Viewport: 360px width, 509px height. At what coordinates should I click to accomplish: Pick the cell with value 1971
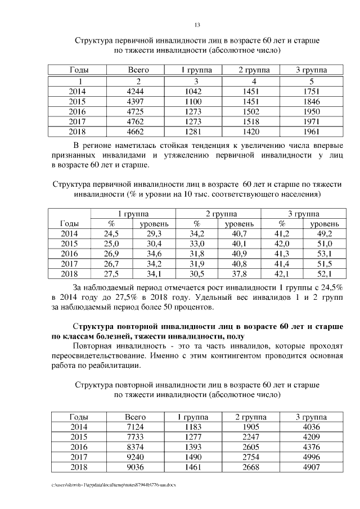tap(310, 122)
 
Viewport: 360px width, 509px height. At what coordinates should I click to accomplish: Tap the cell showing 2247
tap(253, 437)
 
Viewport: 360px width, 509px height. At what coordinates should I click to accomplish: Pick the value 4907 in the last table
tap(310, 467)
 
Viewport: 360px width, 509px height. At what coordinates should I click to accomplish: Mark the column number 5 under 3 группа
tap(310, 82)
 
